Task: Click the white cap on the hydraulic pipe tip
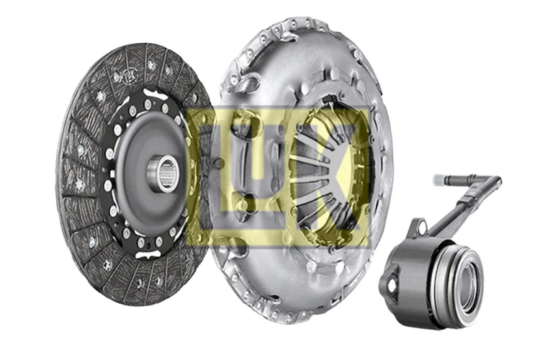pos(439,179)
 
